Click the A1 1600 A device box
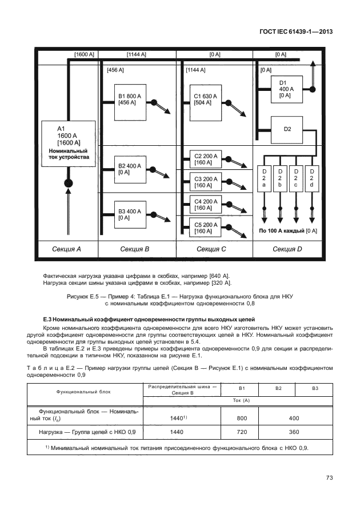(x=69, y=142)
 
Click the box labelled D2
(x=287, y=130)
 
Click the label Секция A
(x=67, y=249)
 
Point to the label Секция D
(x=288, y=249)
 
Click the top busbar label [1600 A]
(x=85, y=54)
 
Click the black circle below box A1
(x=69, y=183)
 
